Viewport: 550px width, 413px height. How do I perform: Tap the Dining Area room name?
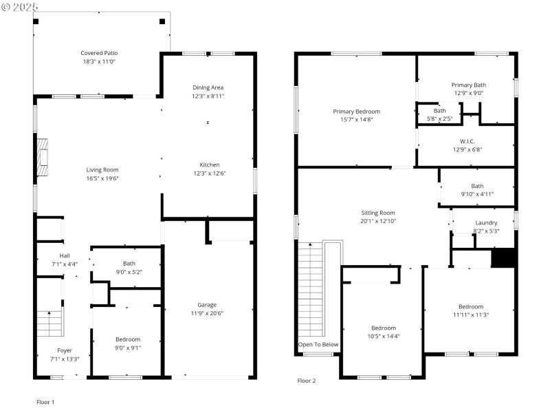coord(208,87)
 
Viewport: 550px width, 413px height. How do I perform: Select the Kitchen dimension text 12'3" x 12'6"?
coord(208,173)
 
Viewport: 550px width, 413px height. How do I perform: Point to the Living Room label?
coord(102,170)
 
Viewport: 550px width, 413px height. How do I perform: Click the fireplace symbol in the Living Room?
coord(43,155)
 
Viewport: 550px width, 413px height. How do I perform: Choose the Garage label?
coord(207,305)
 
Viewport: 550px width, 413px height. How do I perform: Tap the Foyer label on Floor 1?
coord(64,350)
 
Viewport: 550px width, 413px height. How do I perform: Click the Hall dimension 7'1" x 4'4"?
coord(65,264)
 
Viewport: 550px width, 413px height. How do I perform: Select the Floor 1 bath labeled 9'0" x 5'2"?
coord(129,267)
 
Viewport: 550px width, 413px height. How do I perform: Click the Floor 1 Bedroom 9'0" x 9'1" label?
coord(128,339)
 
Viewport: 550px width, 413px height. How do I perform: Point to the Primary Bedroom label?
coord(356,112)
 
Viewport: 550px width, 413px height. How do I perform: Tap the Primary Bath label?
coord(469,85)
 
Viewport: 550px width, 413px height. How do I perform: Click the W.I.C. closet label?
coord(467,141)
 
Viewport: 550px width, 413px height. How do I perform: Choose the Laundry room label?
coord(486,223)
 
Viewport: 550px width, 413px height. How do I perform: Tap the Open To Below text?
coord(318,344)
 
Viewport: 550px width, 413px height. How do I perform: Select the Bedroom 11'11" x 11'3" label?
coord(471,307)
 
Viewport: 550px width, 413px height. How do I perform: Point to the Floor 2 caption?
coord(307,381)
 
